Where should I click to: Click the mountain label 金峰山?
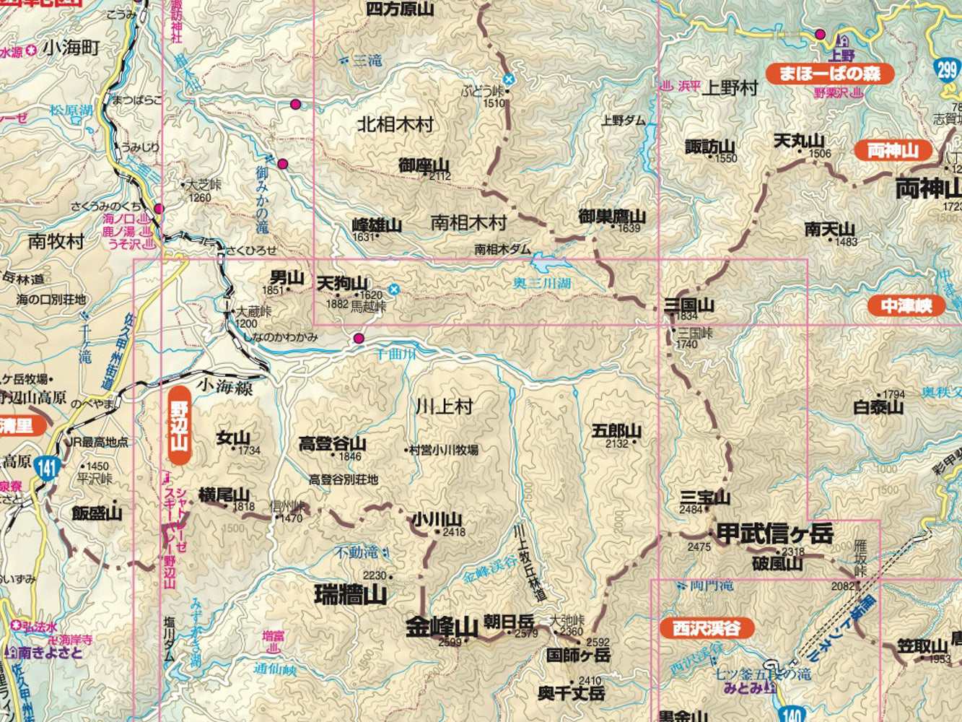coord(442,627)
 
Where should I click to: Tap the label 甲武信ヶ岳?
coord(774,534)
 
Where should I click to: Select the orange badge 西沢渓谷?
coord(707,628)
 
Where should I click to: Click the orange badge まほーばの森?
coord(829,74)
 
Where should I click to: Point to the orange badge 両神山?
coord(892,150)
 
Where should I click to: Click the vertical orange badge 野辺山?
coord(179,425)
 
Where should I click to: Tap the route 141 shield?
coord(48,468)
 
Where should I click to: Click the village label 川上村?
coord(444,406)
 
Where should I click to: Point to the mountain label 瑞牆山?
coord(351,596)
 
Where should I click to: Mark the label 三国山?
coord(689,305)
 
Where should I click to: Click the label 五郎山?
coord(616,431)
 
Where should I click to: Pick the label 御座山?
coord(424,165)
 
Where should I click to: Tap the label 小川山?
coord(437,519)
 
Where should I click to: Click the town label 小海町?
coord(71,48)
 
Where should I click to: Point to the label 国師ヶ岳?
coord(578,656)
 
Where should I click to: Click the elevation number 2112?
coord(440,176)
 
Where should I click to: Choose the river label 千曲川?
coord(397,354)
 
